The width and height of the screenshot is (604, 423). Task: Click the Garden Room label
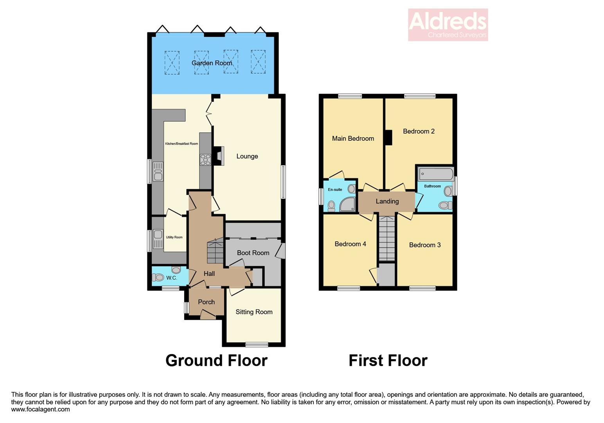pyautogui.click(x=212, y=63)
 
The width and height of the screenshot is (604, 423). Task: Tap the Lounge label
pyautogui.click(x=247, y=156)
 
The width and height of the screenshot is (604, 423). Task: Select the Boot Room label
pyautogui.click(x=253, y=253)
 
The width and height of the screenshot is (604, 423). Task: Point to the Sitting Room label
pyautogui.click(x=254, y=312)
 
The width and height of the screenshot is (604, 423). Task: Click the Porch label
pyautogui.click(x=206, y=302)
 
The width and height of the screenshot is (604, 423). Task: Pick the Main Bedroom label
pyautogui.click(x=353, y=138)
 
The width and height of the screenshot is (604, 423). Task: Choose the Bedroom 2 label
pyautogui.click(x=419, y=131)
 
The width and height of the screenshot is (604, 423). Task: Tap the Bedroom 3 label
pyautogui.click(x=425, y=245)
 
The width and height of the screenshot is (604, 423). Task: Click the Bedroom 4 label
pyautogui.click(x=350, y=244)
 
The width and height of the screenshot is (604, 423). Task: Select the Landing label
pyautogui.click(x=387, y=201)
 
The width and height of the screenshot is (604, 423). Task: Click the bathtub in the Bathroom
pyautogui.click(x=435, y=174)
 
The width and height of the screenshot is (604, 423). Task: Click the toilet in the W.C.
pyautogui.click(x=158, y=277)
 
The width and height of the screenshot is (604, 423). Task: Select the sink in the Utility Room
pyautogui.click(x=158, y=235)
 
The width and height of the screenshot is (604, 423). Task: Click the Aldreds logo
pyautogui.click(x=448, y=25)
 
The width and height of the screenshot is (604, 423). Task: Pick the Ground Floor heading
pyautogui.click(x=216, y=360)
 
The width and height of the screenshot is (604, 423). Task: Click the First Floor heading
pyautogui.click(x=388, y=360)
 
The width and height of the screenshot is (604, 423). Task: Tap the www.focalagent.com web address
pyautogui.click(x=41, y=410)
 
